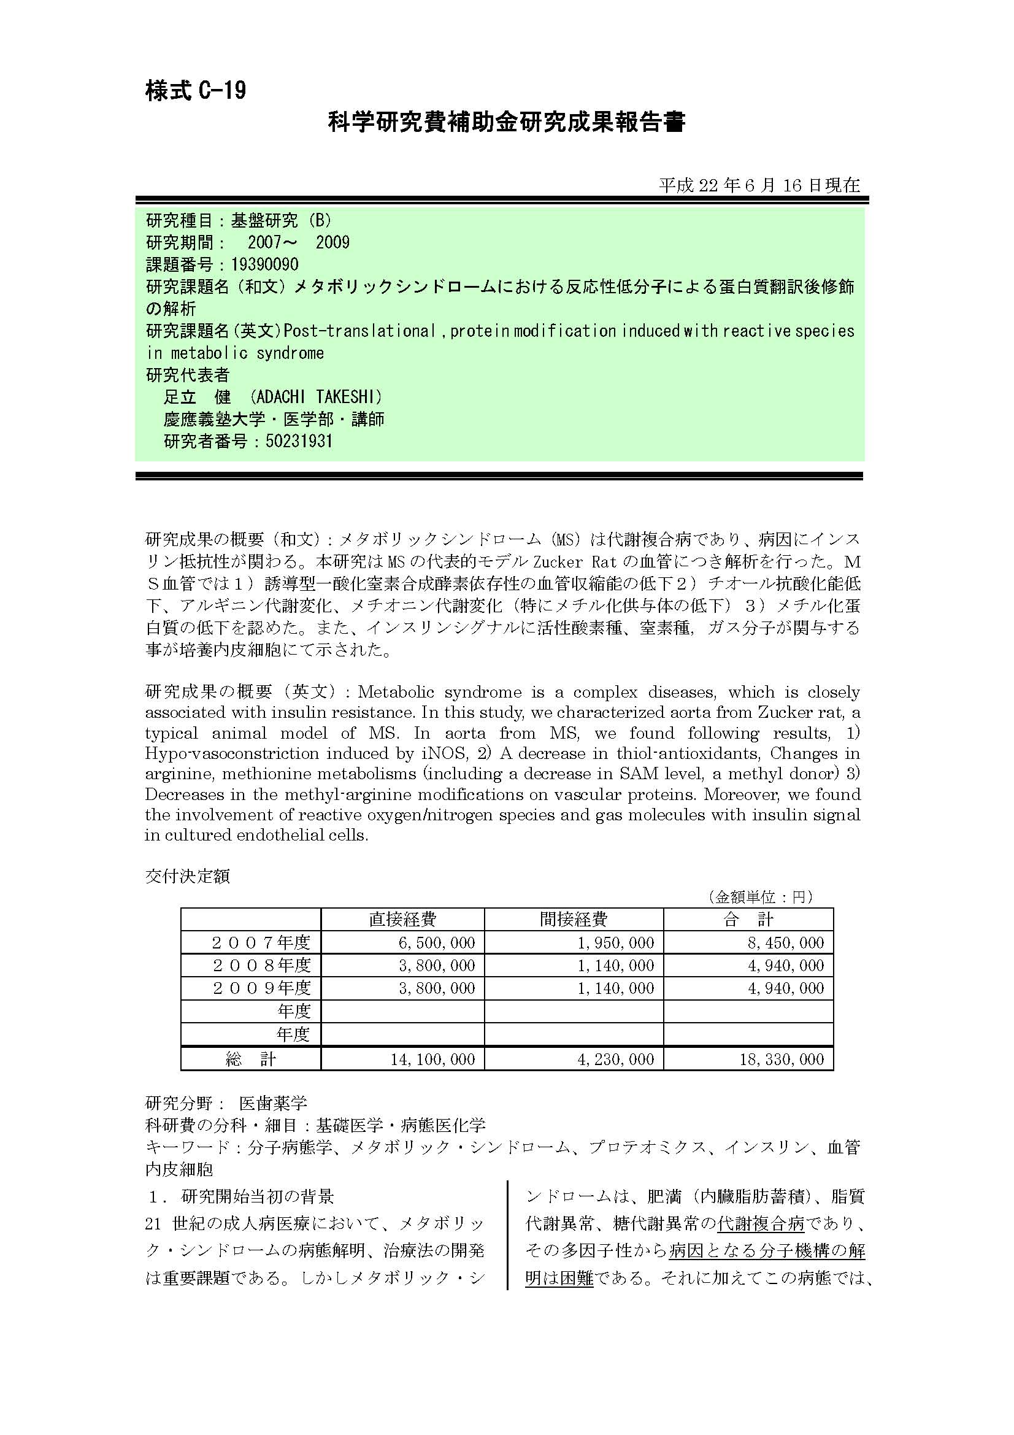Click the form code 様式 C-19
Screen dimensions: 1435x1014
(x=196, y=91)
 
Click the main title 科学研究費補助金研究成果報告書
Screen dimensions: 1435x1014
(x=507, y=122)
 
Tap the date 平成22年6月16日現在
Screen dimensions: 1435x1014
(x=759, y=185)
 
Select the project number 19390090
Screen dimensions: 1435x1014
(x=264, y=264)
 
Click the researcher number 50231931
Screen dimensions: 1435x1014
(x=299, y=441)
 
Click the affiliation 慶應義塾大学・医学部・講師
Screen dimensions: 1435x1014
(x=274, y=420)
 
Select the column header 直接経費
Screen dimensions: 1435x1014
(x=402, y=919)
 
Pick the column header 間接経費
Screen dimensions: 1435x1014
(x=574, y=919)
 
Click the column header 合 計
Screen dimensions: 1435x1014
(x=748, y=919)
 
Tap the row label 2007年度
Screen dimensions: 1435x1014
(x=261, y=942)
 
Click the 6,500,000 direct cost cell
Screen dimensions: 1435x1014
(x=437, y=942)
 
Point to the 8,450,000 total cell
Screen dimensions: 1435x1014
(x=786, y=942)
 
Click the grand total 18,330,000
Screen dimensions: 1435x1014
(x=782, y=1059)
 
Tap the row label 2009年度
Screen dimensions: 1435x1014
(x=261, y=988)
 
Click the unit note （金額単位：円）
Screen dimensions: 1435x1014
(x=761, y=897)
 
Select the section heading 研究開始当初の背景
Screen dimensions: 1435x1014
(x=258, y=1196)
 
